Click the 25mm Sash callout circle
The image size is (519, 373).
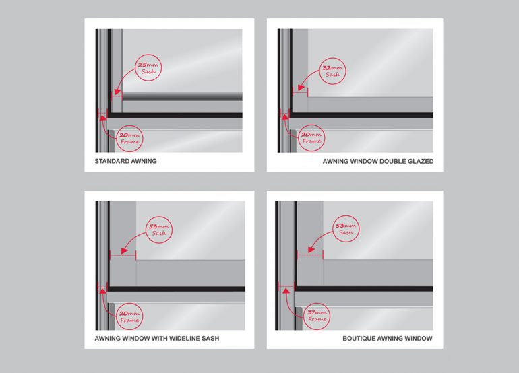148,69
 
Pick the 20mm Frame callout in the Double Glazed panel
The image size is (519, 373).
312,137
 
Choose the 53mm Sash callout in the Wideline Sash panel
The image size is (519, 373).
158,229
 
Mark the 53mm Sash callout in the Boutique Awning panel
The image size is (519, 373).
346,229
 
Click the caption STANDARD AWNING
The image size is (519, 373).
126,162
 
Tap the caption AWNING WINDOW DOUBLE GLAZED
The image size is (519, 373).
377,162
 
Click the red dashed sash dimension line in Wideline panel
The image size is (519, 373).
123,256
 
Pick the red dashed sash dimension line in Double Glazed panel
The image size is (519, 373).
300,89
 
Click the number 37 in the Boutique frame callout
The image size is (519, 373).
310,313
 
